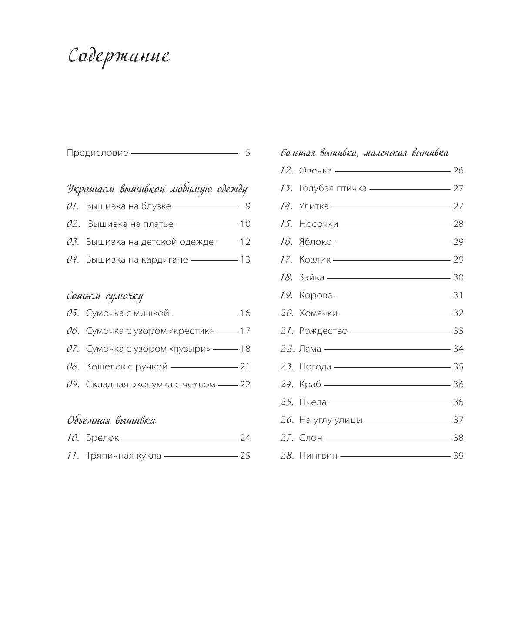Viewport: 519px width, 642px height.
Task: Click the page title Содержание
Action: tap(119, 57)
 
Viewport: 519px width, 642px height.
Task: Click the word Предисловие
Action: tap(97, 153)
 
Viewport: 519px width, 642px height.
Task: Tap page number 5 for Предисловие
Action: tap(248, 153)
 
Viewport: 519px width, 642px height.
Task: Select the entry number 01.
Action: tap(72, 206)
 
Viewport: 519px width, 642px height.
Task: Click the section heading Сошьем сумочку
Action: tap(105, 296)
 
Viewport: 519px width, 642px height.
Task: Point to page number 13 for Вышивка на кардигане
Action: tap(245, 260)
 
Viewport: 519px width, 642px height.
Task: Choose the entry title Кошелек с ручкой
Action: tap(127, 367)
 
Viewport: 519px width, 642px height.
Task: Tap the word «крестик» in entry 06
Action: tap(191, 331)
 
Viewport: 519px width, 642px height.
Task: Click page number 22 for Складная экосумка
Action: tap(245, 385)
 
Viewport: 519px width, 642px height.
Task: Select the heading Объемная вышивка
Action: tap(111, 421)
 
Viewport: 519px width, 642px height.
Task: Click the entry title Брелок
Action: tap(102, 438)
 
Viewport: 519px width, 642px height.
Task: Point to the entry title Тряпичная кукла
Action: tap(124, 456)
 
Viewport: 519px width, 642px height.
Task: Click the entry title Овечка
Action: tap(315, 171)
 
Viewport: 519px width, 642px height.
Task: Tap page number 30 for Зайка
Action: tap(459, 278)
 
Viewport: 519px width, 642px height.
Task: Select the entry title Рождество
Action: tap(323, 331)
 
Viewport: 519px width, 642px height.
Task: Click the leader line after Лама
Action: tap(387, 349)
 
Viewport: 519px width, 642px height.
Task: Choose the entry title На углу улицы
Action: tap(330, 420)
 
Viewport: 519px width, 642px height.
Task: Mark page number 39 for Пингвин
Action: tap(459, 456)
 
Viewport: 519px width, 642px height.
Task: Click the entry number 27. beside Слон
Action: tap(287, 438)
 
